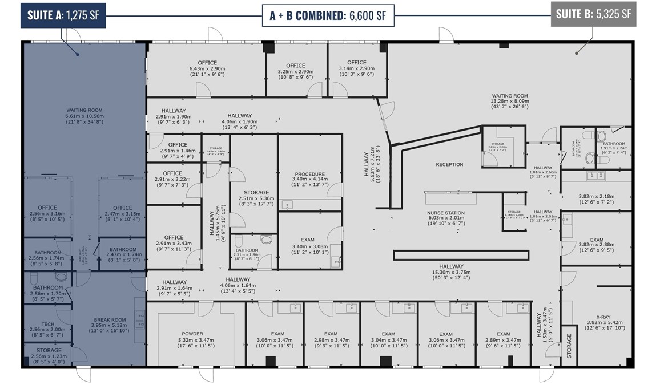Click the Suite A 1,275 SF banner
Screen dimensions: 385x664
pos(63,14)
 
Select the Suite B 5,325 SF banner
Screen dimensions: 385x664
pos(594,14)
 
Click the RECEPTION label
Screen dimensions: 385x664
pos(449,164)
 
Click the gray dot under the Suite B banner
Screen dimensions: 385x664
pos(577,53)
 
